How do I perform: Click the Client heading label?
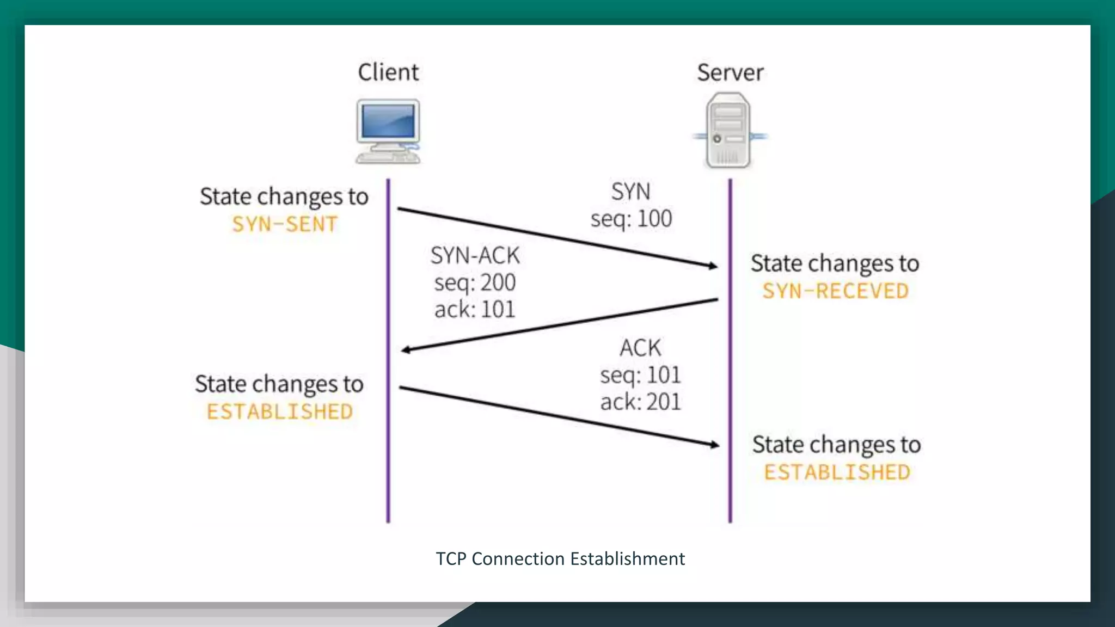click(x=388, y=72)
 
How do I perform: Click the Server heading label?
click(x=730, y=72)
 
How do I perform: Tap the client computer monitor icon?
click(x=388, y=131)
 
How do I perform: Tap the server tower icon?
click(x=729, y=131)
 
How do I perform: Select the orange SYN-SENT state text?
click(x=285, y=224)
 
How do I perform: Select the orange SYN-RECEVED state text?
click(x=835, y=291)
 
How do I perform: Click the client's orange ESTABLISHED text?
click(x=280, y=412)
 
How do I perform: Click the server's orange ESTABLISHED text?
click(x=837, y=472)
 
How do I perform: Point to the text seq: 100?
click(x=631, y=219)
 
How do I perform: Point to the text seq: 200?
click(x=475, y=282)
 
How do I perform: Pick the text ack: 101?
click(x=475, y=310)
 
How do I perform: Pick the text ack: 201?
click(x=640, y=402)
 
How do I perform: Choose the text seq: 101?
click(x=640, y=375)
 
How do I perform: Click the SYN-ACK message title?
click(x=475, y=255)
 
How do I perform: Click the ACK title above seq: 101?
click(x=640, y=348)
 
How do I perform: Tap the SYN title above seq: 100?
click(x=630, y=192)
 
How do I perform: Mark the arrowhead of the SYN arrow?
click(x=713, y=266)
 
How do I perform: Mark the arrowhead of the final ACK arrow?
click(x=714, y=445)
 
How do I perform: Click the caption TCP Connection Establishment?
click(x=560, y=559)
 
